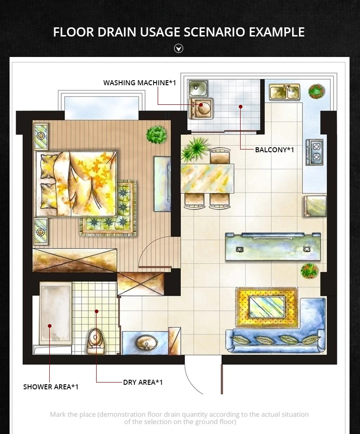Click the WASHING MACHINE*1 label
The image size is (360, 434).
tap(139, 83)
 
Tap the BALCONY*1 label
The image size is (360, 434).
tap(274, 150)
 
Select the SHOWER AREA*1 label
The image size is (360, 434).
tap(51, 387)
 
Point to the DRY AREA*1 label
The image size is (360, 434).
tap(143, 382)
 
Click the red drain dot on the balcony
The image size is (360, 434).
tap(241, 107)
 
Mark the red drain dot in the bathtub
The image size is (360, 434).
tap(50, 326)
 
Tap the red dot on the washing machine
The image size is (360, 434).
tap(201, 105)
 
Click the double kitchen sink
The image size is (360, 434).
tap(284, 92)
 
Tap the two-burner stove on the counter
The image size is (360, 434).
tap(315, 152)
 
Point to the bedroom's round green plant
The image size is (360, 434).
tap(156, 135)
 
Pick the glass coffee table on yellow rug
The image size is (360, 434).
tap(267, 307)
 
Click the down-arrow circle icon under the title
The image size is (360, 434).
tap(179, 48)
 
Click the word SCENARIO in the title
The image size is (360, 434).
tap(215, 32)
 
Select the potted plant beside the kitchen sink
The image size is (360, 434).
tap(316, 91)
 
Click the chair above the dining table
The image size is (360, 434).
tap(220, 155)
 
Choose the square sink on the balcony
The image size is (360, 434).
tap(198, 88)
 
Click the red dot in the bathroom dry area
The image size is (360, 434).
tap(97, 311)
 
